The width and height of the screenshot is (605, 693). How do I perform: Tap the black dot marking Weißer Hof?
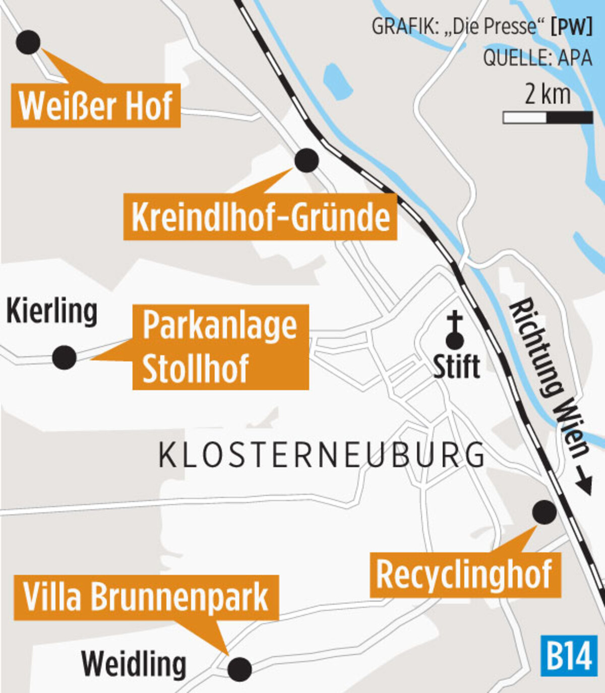28,42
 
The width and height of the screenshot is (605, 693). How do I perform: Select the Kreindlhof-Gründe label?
260,218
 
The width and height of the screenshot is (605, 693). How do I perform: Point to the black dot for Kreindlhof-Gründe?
307,160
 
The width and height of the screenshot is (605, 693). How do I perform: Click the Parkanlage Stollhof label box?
220,347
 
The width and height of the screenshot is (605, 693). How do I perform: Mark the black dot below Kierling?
65,357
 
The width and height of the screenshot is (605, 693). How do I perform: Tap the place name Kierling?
52,312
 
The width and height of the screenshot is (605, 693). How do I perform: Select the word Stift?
456,366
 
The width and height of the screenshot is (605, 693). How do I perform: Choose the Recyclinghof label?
465,575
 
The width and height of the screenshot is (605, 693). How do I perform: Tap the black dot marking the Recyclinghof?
544,512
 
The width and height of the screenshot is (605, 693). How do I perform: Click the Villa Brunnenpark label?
146,597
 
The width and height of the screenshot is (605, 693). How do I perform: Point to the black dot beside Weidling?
239,669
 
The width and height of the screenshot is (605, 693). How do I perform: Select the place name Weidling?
134,664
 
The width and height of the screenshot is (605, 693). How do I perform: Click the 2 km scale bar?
548,117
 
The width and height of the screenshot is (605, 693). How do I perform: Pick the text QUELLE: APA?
537,58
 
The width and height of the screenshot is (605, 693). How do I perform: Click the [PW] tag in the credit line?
572,27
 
